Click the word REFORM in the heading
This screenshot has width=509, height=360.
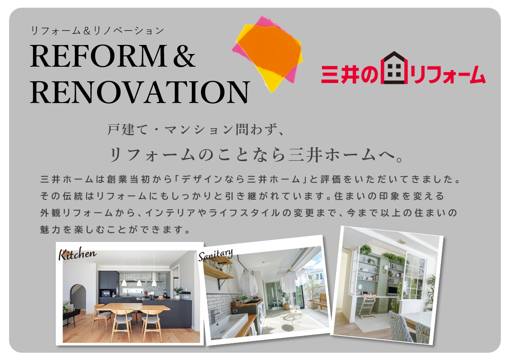pos(98,56)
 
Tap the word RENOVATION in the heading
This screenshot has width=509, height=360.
pos(140,92)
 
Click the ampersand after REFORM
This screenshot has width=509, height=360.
pos(184,56)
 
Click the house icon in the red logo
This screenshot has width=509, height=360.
pos(394,68)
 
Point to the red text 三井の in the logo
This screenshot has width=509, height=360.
pos(350,74)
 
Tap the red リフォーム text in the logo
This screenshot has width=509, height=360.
pos(448,74)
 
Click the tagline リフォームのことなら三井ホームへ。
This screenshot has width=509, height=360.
pos(256,155)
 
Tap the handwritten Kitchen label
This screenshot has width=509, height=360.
pos(77,254)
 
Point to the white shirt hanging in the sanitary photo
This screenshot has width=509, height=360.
pos(250,283)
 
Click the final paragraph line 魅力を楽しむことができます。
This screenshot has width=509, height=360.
pos(116,230)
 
